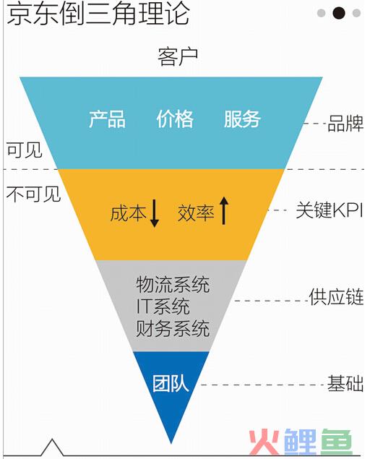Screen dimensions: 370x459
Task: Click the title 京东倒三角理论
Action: click(x=98, y=13)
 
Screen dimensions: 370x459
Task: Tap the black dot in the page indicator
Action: click(x=339, y=13)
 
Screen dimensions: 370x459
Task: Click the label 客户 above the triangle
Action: click(x=178, y=57)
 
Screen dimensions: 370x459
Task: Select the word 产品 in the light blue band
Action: click(x=108, y=119)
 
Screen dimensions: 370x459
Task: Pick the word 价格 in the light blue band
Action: click(x=175, y=119)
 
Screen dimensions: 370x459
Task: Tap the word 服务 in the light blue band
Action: click(x=242, y=119)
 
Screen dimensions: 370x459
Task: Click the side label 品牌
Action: click(x=345, y=123)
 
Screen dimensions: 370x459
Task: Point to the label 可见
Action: click(x=25, y=150)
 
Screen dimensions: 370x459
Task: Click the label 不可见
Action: click(x=34, y=194)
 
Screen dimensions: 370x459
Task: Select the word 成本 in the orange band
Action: click(x=128, y=213)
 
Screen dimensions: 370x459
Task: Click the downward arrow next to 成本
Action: click(x=155, y=213)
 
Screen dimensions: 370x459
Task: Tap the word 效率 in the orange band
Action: click(x=196, y=213)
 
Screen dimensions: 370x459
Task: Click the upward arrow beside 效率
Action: click(x=223, y=210)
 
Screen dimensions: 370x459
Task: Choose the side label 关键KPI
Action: click(x=330, y=210)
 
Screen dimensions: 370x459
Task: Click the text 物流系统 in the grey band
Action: click(x=173, y=285)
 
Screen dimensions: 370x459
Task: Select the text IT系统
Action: click(x=163, y=306)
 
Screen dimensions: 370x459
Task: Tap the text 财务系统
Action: click(x=173, y=328)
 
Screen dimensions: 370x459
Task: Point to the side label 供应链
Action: click(x=336, y=297)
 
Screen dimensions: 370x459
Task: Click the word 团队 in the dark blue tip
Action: click(x=171, y=383)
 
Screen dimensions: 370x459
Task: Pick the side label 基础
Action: click(x=345, y=383)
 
